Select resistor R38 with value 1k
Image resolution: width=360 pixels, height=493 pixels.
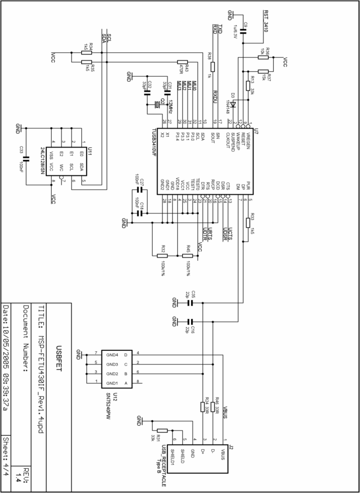(x=213, y=66)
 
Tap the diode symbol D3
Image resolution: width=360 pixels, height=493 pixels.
(x=234, y=104)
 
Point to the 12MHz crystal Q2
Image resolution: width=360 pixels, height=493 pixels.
(x=158, y=104)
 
